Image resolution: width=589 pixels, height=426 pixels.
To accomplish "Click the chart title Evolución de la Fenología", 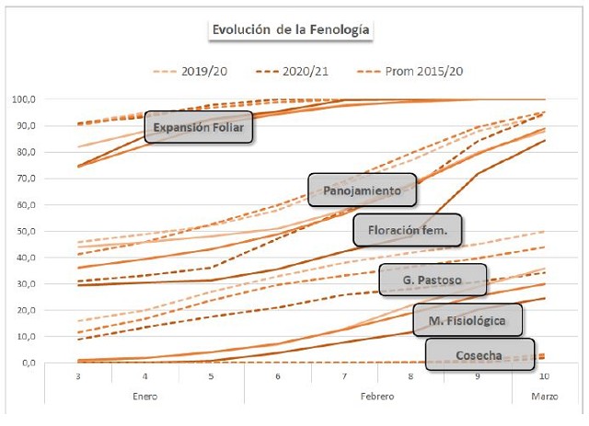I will pos(291,30).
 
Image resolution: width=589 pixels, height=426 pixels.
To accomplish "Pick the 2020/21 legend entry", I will pos(305,70).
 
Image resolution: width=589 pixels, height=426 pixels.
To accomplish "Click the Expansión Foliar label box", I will pos(199,127).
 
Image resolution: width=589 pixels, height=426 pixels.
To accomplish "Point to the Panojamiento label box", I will pos(362,190).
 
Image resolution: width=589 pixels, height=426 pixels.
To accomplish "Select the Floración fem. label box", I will pos(408,230).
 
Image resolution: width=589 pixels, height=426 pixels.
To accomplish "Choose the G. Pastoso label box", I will pos(432,278).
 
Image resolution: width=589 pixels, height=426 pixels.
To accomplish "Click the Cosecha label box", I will pos(479,354).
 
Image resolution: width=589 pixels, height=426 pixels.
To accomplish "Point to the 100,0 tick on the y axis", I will pos(49,99).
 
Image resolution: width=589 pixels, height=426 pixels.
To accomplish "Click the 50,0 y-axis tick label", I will pos(52,231).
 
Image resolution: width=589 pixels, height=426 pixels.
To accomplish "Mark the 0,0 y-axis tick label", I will pos(54,363).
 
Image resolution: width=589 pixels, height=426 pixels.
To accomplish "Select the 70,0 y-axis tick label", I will pos(52,178).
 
